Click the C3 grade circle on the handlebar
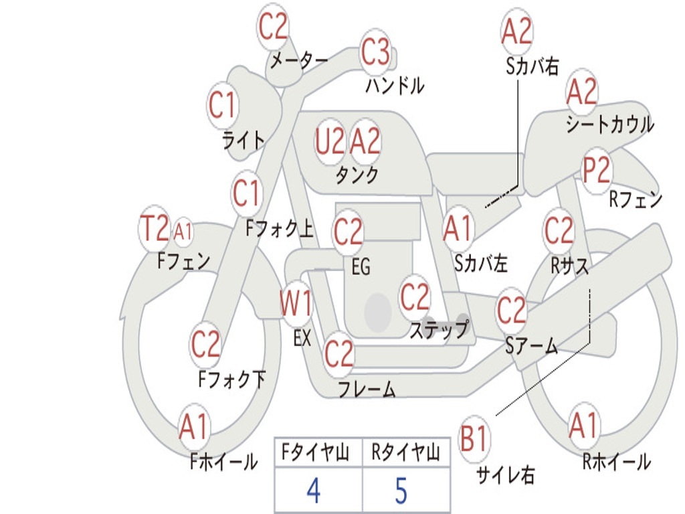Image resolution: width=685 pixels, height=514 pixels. tap(375, 52)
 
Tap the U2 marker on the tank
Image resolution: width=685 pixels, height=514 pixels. tap(330, 142)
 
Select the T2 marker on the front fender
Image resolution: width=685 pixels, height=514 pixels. tap(154, 228)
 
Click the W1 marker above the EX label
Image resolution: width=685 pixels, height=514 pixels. tap(296, 303)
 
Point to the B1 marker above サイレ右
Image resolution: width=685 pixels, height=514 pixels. tap(474, 438)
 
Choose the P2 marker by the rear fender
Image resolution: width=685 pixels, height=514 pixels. tap(597, 171)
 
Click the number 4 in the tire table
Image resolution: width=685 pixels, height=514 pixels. tap(314, 491)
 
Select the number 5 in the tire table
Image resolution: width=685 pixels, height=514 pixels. tap(401, 491)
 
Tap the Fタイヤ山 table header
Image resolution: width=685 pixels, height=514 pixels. tap(316, 452)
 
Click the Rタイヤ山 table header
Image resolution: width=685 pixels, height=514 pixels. tap(405, 452)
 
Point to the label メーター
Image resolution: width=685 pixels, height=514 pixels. tap(299, 60)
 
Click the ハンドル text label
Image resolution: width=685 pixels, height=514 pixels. tap(395, 85)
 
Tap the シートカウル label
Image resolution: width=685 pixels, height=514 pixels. tap(610, 124)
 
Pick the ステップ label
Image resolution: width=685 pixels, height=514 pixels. tap(439, 329)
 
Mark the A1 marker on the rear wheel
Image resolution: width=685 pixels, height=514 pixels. tap(584, 425)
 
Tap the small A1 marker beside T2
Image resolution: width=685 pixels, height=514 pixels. tap(183, 230)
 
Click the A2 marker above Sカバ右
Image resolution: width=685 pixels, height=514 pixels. tap(517, 31)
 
